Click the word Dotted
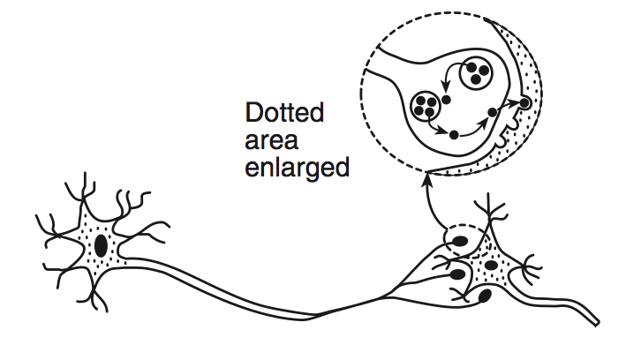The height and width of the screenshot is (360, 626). (283, 112)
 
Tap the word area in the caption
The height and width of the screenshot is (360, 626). (271, 140)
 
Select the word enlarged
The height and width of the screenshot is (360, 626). (297, 168)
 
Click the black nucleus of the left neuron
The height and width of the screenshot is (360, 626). (101, 246)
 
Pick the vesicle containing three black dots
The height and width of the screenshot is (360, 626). (476, 73)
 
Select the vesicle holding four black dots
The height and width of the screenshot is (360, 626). (425, 105)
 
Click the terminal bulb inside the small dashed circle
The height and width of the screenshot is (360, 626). (460, 241)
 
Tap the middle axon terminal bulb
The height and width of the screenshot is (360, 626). (457, 274)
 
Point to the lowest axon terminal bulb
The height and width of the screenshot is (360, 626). (484, 296)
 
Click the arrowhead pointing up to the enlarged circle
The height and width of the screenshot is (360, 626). (428, 178)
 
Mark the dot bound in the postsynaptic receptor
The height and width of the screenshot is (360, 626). (524, 103)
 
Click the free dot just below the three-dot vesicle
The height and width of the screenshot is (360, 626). (446, 100)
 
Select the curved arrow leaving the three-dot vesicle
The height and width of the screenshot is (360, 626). (449, 75)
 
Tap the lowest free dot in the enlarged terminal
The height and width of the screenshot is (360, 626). (454, 135)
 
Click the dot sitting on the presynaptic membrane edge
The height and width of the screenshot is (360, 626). (493, 113)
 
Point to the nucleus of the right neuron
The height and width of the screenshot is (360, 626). (491, 265)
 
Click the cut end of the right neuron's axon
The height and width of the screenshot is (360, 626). (597, 323)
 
